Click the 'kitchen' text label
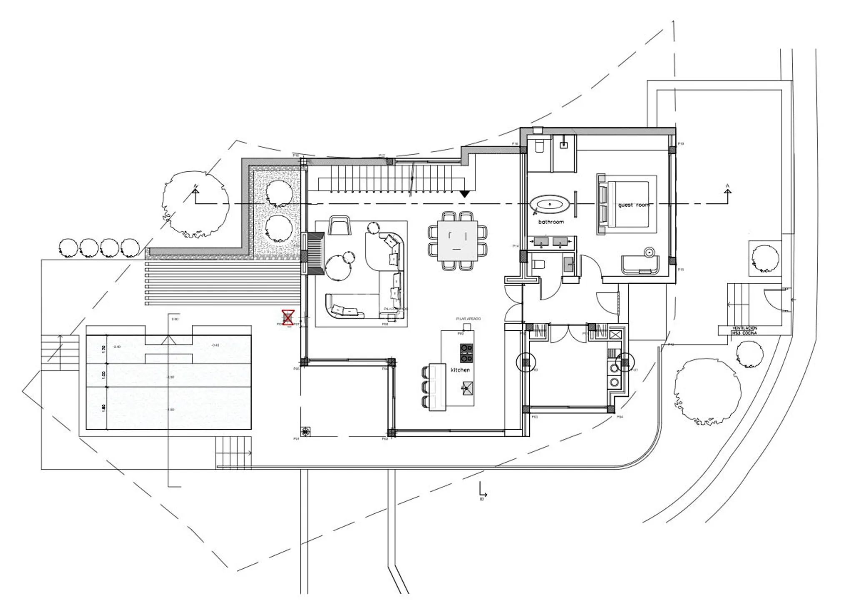point(460,370)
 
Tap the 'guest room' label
point(633,205)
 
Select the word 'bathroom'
point(551,222)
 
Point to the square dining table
point(457,241)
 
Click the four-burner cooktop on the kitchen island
point(466,352)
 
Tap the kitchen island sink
point(466,388)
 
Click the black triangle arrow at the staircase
point(464,194)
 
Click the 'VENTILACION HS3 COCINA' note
point(744,331)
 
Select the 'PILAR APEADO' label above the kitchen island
point(468,319)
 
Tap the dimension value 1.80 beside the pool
point(104,407)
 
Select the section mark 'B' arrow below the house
point(482,492)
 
